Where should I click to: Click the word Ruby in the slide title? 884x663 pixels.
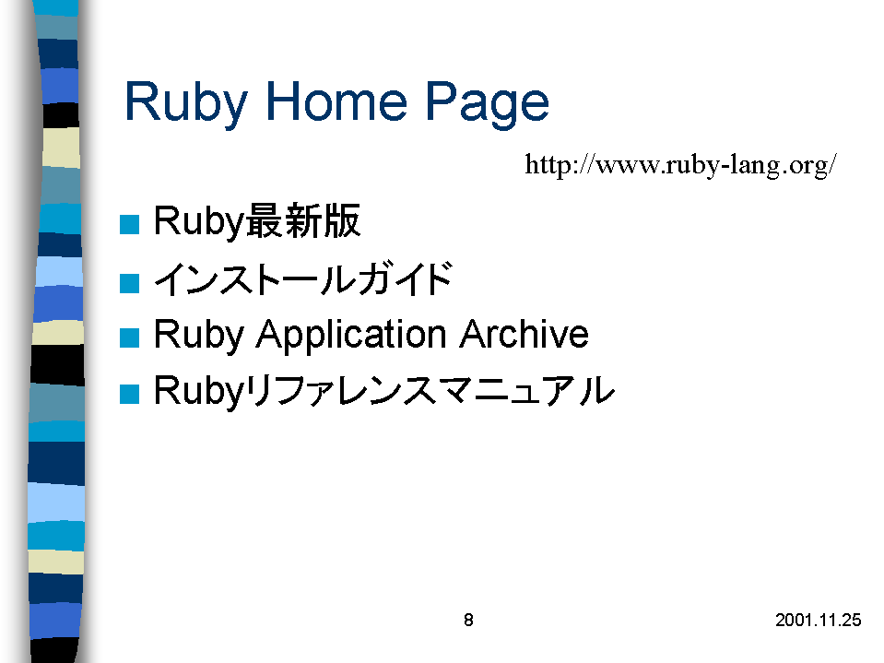click(186, 102)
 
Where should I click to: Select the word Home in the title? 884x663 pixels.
click(336, 101)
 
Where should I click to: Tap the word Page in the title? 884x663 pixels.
click(487, 102)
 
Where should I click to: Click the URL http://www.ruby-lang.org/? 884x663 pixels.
click(680, 165)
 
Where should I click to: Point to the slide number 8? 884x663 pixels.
click(468, 621)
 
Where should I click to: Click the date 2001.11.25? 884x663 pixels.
click(818, 621)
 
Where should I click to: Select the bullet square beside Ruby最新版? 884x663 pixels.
click(130, 224)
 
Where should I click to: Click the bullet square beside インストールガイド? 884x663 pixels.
click(130, 283)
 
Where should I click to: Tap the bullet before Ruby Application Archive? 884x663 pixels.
click(130, 337)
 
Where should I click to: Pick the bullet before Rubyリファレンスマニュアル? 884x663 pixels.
click(130, 394)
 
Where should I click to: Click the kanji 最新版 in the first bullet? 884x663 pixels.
click(303, 220)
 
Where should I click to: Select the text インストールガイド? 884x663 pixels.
click(303, 278)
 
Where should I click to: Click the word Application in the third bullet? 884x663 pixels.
click(352, 336)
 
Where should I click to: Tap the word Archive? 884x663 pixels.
click(525, 334)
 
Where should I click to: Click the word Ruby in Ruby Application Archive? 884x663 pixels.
click(199, 336)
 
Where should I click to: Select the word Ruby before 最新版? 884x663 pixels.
click(199, 221)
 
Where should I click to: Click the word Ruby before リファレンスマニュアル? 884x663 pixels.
click(199, 391)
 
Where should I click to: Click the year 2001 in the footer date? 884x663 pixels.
click(793, 621)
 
